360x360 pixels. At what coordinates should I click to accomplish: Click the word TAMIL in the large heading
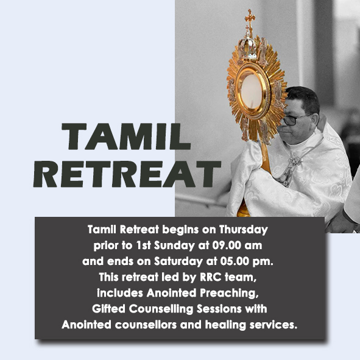click(126, 136)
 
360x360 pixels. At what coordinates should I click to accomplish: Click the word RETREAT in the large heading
click(127, 174)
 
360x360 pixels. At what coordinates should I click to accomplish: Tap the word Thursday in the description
click(241, 230)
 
